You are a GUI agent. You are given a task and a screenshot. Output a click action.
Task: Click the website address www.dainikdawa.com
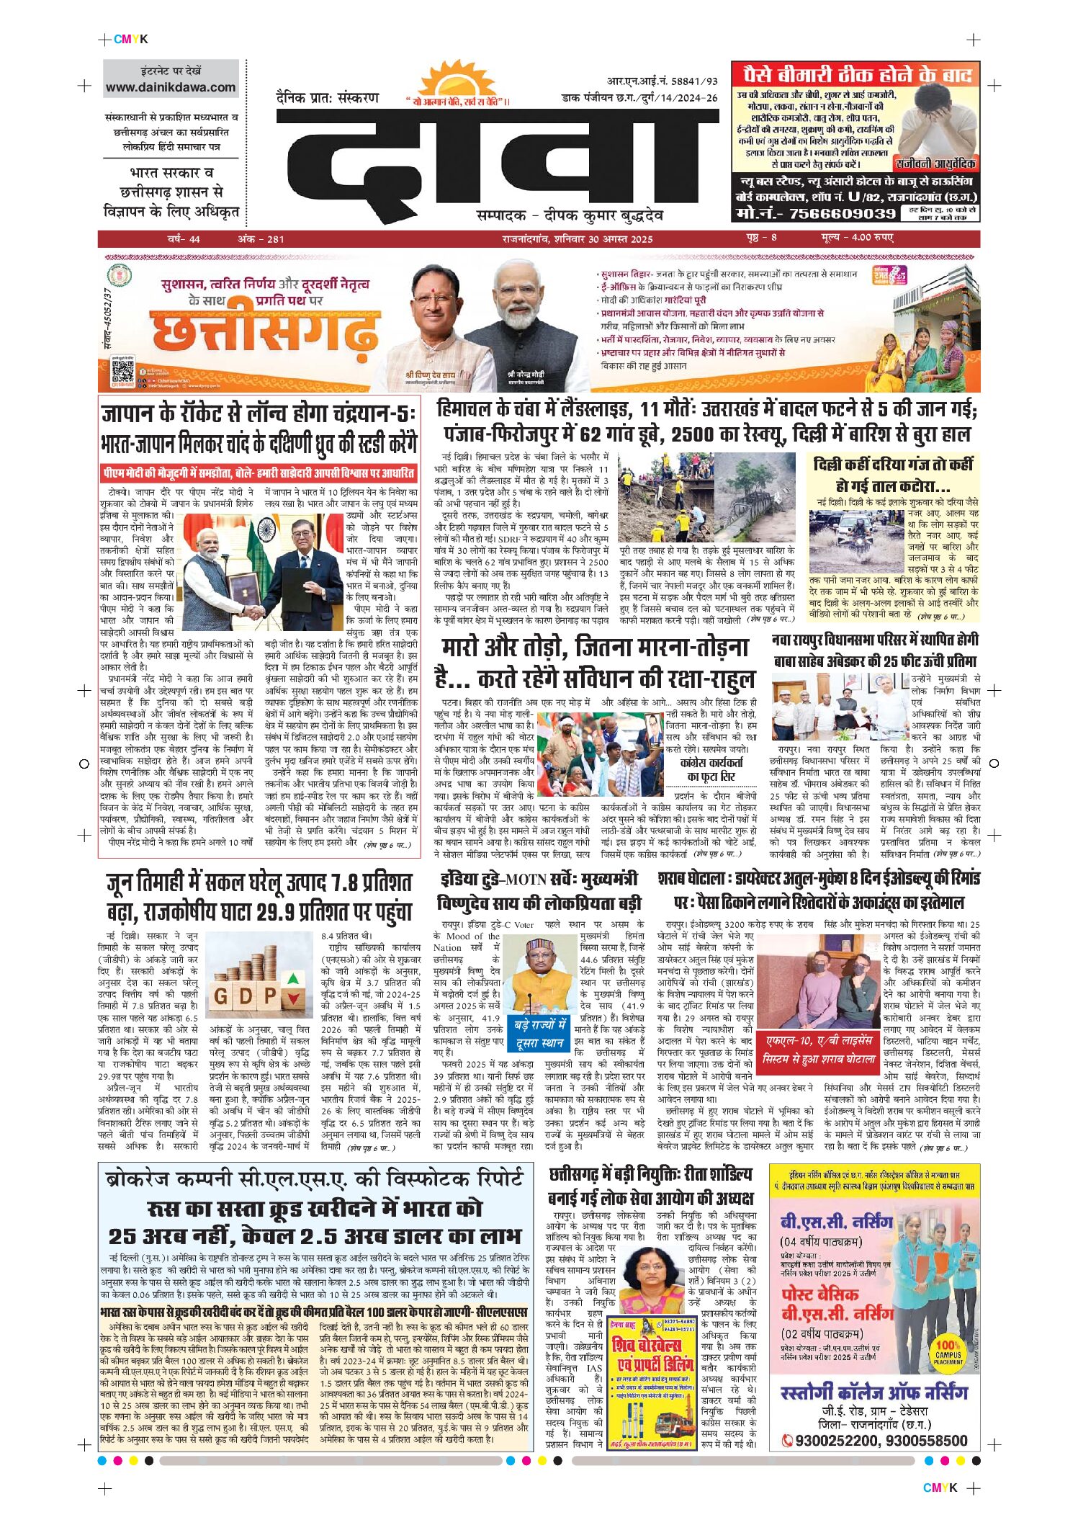(x=171, y=88)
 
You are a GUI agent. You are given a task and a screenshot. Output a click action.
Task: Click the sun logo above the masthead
(x=457, y=81)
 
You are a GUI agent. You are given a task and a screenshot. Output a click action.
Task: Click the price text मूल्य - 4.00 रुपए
(x=857, y=238)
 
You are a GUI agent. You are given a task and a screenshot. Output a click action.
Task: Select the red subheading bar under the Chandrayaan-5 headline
(x=259, y=473)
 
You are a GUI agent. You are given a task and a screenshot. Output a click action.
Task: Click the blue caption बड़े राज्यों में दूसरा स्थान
(x=540, y=1034)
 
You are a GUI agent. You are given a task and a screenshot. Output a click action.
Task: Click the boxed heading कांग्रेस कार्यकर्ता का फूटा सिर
(x=711, y=769)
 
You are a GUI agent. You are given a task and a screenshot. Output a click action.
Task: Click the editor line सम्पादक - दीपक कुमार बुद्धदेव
(x=570, y=215)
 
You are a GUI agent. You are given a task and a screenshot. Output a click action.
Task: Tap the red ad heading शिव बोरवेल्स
(x=646, y=1344)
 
